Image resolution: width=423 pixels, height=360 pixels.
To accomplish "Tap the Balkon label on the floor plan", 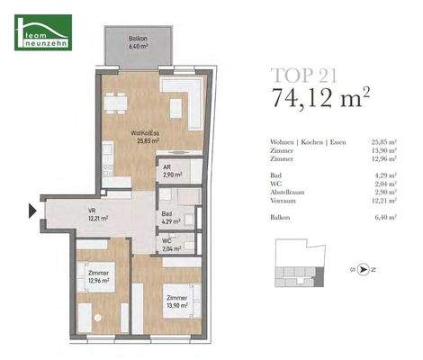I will click(x=138, y=42).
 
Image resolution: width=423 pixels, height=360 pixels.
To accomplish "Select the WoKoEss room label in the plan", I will click(x=144, y=137).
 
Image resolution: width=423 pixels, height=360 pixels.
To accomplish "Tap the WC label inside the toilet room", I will click(x=167, y=241).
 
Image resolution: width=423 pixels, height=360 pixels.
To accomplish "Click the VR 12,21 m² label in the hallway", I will click(x=96, y=214).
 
